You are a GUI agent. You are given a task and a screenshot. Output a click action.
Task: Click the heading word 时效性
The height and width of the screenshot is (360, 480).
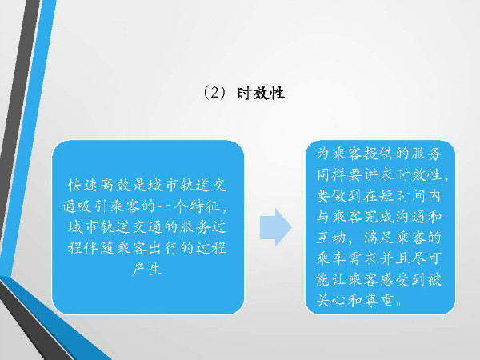pyautogui.click(x=261, y=93)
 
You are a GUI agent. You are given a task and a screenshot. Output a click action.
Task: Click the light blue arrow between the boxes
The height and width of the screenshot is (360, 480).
pyautogui.click(x=275, y=227)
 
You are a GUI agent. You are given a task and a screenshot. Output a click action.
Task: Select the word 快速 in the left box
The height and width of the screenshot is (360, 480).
pyautogui.click(x=83, y=186)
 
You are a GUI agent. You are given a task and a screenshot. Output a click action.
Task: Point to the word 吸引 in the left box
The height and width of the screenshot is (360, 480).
pyautogui.click(x=92, y=206)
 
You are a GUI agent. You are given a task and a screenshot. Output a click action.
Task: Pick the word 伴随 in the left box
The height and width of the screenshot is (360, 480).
pyautogui.click(x=99, y=248)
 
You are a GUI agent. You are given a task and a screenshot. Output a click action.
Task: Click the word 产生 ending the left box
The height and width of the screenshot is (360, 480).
pyautogui.click(x=147, y=269)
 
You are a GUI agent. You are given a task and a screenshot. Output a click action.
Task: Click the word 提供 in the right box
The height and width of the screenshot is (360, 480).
pyautogui.click(x=378, y=154)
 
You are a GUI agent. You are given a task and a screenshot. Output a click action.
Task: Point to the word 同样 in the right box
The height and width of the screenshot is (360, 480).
pyautogui.click(x=331, y=174)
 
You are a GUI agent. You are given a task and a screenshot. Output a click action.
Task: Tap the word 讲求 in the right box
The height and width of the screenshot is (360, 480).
pyautogui.click(x=379, y=174)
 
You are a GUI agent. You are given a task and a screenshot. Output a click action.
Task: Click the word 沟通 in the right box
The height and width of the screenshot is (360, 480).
pyautogui.click(x=410, y=217)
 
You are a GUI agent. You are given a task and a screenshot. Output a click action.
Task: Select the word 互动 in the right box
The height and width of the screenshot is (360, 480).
pyautogui.click(x=331, y=238)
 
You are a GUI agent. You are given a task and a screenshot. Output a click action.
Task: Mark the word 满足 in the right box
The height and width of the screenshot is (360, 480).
pyautogui.click(x=379, y=238)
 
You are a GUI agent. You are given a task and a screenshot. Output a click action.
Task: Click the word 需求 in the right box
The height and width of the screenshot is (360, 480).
pyautogui.click(x=363, y=258)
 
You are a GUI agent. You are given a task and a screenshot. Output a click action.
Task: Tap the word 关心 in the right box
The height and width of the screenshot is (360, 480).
pyautogui.click(x=331, y=300)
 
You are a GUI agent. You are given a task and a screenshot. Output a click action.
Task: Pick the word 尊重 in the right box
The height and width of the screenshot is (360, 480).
pyautogui.click(x=378, y=300)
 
